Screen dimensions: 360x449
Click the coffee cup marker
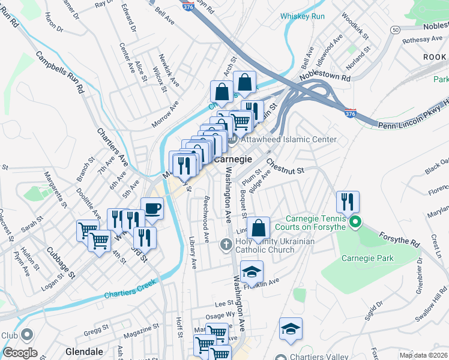[x=152, y=208]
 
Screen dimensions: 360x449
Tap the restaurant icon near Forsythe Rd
[x=347, y=202]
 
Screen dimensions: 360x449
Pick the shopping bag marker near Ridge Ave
[x=258, y=228]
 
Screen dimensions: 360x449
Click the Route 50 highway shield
[x=394, y=29]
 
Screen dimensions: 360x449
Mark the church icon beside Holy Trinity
[x=226, y=244]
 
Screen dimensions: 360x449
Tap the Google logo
[x=20, y=353]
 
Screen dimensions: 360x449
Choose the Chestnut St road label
[x=286, y=166]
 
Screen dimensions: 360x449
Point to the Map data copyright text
[x=423, y=355]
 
